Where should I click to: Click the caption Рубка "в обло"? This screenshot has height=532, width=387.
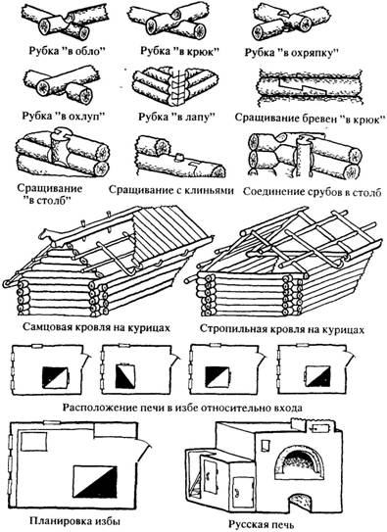pyautogui.click(x=68, y=51)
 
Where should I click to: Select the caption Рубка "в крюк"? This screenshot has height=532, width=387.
pyautogui.click(x=180, y=51)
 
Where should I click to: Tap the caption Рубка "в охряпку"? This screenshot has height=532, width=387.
pyautogui.click(x=292, y=53)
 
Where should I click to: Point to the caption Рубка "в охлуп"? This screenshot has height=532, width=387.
pyautogui.click(x=64, y=116)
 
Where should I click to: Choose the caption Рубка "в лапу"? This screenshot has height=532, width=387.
pyautogui.click(x=176, y=117)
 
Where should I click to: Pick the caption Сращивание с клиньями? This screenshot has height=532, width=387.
pyautogui.click(x=171, y=190)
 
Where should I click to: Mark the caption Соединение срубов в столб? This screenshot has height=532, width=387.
pyautogui.click(x=313, y=191)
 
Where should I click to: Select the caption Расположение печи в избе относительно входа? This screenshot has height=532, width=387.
pyautogui.click(x=182, y=408)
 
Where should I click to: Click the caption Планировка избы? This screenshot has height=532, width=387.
pyautogui.click(x=75, y=520)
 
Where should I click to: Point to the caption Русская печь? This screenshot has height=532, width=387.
pyautogui.click(x=261, y=524)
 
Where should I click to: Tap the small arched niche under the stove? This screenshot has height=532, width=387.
pyautogui.click(x=301, y=501)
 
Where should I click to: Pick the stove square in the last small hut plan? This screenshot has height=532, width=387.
pyautogui.click(x=318, y=376)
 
